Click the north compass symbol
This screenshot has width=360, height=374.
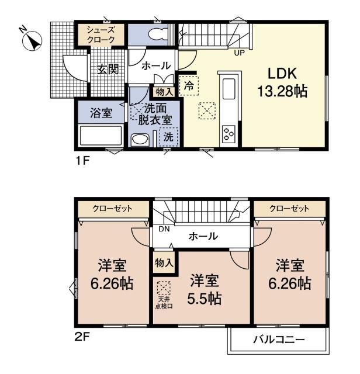[32, 41]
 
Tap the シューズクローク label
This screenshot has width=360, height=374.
[101, 35]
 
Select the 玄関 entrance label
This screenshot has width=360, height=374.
[108, 70]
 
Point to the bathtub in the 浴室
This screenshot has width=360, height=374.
[101, 136]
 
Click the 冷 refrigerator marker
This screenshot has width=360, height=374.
[189, 86]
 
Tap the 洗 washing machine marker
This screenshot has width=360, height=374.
[168, 137]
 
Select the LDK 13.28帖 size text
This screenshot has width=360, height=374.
[282, 82]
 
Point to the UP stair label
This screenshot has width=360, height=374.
[239, 53]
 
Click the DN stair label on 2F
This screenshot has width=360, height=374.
[164, 229]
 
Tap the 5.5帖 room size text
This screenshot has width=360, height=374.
[204, 299]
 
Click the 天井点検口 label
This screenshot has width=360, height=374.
[164, 303]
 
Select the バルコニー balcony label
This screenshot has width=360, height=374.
[279, 340]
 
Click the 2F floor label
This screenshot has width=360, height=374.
[82, 337]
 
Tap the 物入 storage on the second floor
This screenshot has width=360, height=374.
[164, 264]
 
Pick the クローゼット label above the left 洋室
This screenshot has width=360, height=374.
[112, 209]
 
